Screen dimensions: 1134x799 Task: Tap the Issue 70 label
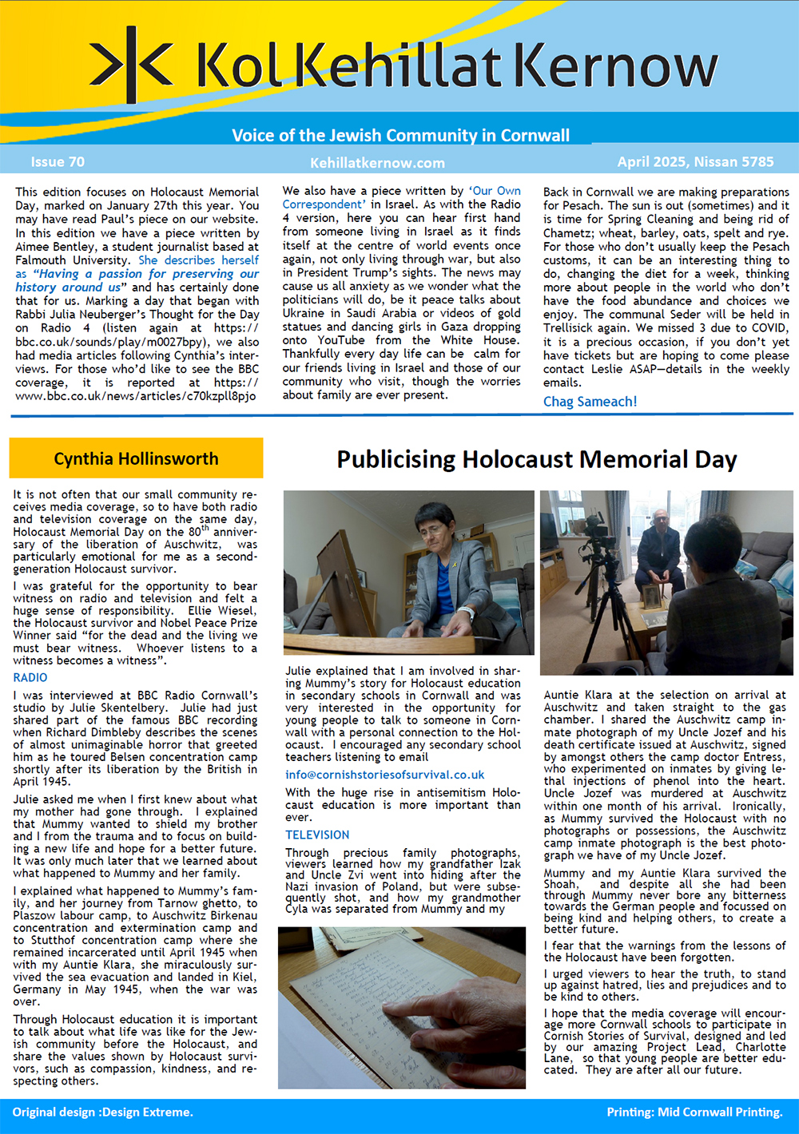click(x=58, y=162)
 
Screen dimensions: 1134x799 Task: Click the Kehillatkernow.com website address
click(x=377, y=163)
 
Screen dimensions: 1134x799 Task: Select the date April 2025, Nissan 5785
click(x=695, y=162)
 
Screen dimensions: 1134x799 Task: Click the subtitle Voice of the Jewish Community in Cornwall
click(x=400, y=135)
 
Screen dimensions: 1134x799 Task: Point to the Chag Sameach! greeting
click(x=590, y=402)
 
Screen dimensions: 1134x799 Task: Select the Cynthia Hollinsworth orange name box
click(x=136, y=458)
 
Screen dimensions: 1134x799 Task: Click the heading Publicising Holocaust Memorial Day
click(x=536, y=459)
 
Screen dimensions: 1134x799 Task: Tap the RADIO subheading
click(x=30, y=677)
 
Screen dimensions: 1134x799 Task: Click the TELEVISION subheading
click(x=317, y=835)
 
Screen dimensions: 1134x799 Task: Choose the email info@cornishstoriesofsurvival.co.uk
click(x=384, y=775)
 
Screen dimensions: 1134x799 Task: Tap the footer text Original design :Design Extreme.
click(x=102, y=1112)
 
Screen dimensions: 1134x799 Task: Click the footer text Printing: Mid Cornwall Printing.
click(x=694, y=1112)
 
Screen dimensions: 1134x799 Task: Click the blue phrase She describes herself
click(x=198, y=260)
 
